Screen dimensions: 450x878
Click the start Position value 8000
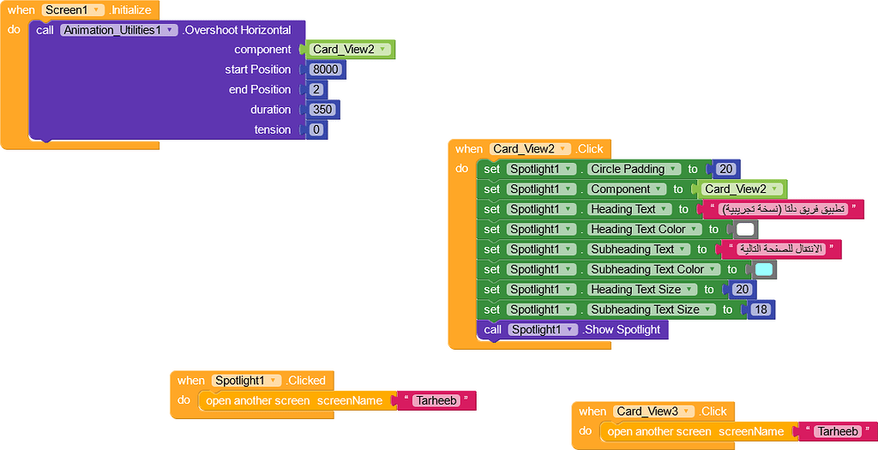326,69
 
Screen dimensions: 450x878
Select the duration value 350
322,110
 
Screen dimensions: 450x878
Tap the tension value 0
316,129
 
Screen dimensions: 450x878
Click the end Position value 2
316,90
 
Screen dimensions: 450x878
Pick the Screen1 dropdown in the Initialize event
74,10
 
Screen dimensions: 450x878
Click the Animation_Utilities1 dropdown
119,30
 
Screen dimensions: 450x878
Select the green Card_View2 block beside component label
351,50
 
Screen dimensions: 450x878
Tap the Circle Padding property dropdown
634,169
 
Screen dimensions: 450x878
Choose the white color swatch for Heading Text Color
745,229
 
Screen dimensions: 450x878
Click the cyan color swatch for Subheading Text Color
763,269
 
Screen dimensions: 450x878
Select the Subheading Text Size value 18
761,309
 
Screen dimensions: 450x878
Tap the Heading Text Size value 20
742,290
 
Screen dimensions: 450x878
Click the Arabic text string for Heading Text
783,209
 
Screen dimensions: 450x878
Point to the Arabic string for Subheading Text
780,249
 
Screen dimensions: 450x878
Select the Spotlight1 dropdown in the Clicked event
247,381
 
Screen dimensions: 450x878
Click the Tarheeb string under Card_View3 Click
836,431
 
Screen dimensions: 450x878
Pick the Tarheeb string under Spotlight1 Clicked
436,400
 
